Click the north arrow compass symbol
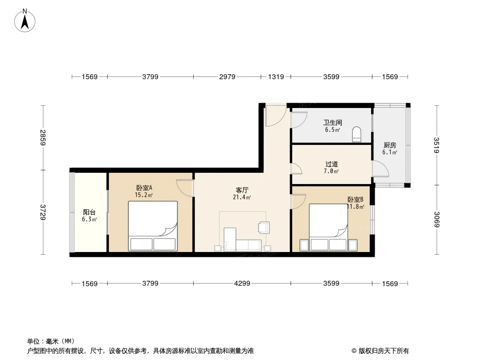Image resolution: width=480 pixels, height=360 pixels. [25, 21]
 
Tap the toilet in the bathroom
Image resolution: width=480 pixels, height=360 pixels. [357, 134]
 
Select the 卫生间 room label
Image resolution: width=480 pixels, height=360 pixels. [332, 123]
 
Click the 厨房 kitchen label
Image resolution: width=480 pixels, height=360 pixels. [389, 145]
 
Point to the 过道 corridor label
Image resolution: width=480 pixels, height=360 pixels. [331, 164]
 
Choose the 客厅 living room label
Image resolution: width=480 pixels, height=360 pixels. [242, 190]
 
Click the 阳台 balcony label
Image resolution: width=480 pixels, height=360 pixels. [89, 212]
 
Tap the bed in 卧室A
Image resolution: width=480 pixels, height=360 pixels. [153, 226]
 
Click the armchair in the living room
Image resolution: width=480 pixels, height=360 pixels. [264, 227]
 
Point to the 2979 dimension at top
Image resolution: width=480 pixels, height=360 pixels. [227, 77]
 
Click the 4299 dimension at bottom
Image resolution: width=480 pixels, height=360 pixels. [242, 283]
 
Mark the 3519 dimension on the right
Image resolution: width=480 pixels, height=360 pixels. [436, 145]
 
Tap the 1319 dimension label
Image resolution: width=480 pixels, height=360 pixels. [276, 77]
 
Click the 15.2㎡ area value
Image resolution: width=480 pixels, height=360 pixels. [144, 195]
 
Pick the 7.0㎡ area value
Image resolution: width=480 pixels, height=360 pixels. [331, 171]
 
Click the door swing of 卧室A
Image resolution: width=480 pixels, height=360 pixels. [185, 188]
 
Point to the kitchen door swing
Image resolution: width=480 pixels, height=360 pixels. [380, 169]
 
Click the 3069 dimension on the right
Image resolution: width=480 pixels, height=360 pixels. [436, 220]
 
